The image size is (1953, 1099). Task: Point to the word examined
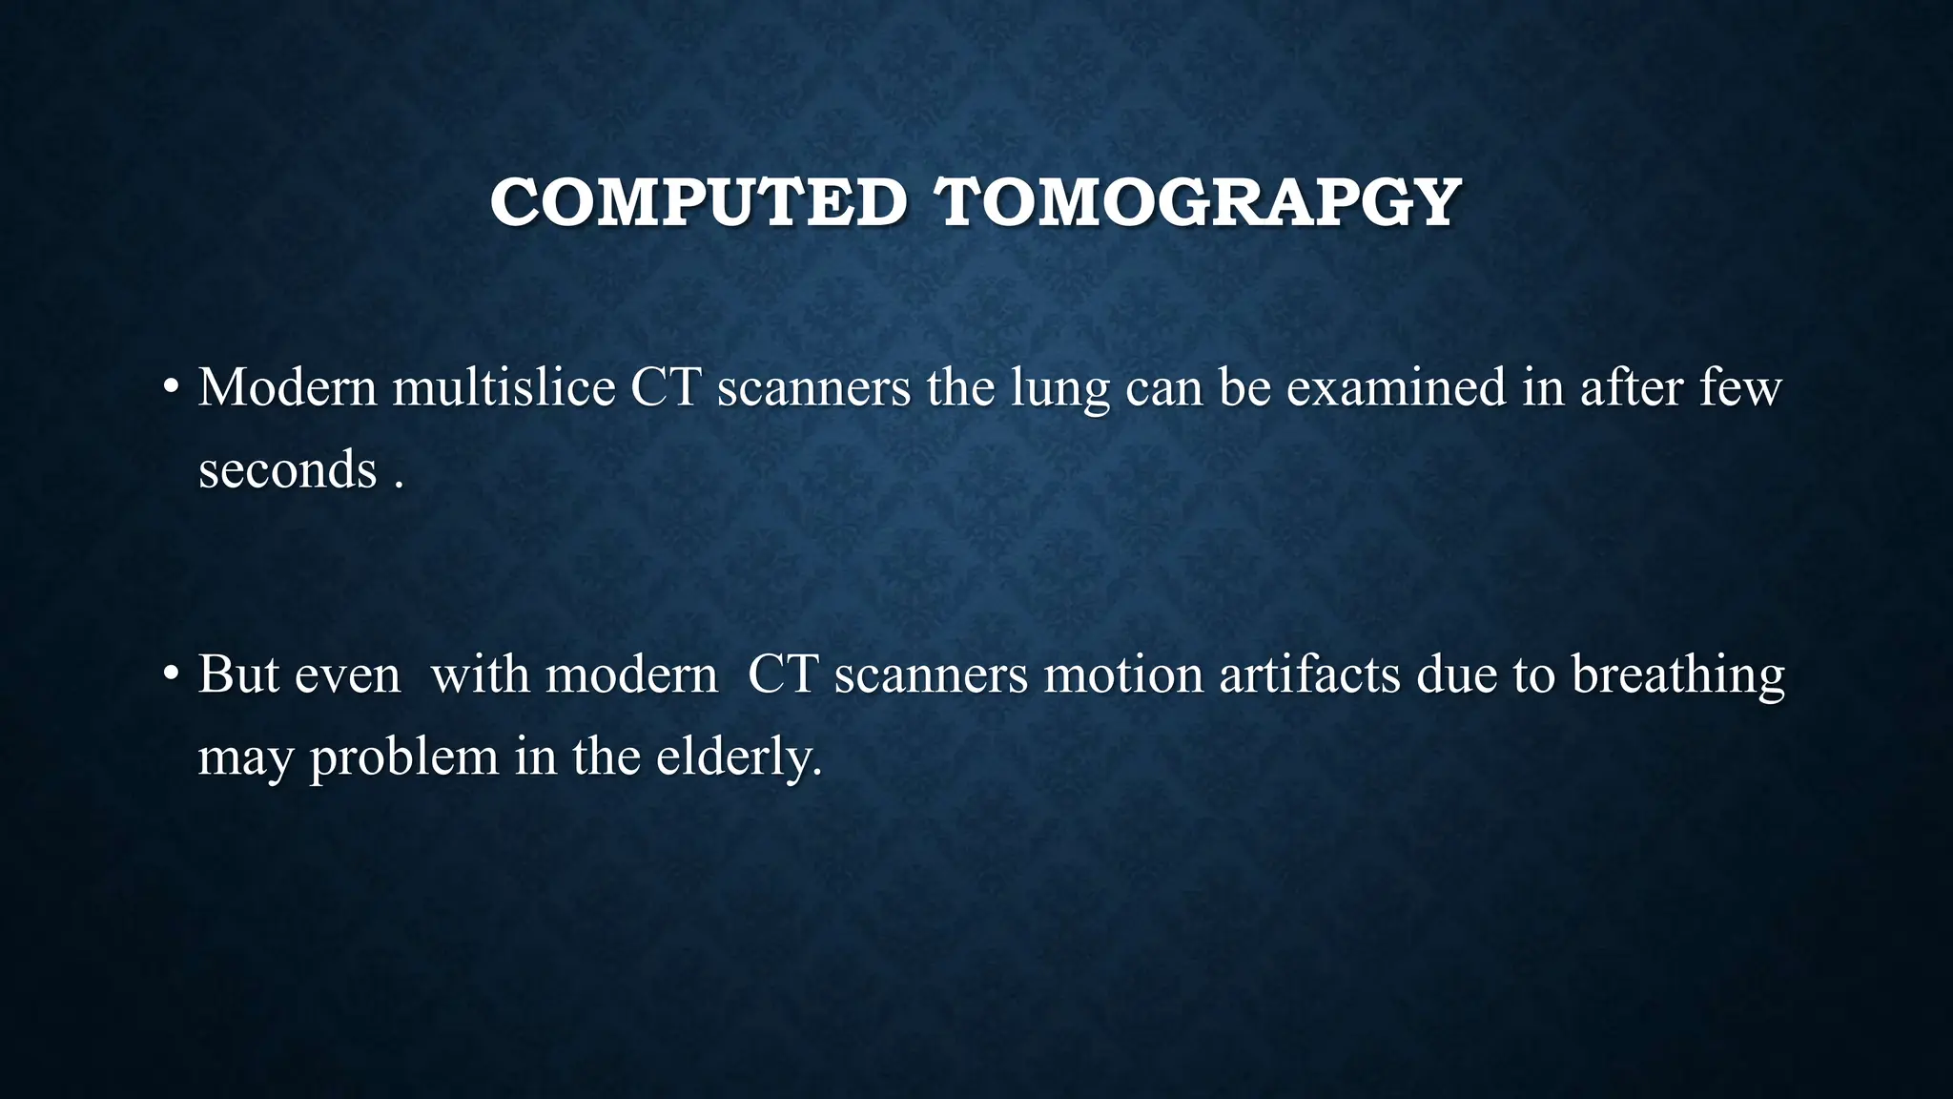[1397, 387]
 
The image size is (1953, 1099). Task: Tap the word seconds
[287, 469]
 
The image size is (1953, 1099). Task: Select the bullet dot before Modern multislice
[171, 388]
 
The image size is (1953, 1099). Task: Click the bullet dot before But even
[171, 674]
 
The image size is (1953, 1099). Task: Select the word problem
[403, 758]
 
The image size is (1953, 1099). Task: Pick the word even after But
[347, 675]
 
